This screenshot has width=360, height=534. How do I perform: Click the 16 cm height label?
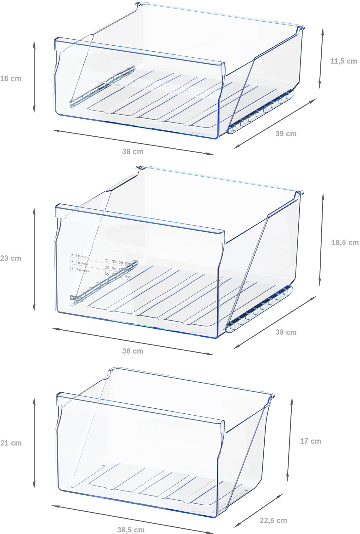click(11, 79)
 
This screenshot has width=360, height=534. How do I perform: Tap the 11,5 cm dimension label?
click(343, 61)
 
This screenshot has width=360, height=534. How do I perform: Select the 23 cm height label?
click(11, 258)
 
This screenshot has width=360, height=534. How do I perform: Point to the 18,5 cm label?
click(345, 242)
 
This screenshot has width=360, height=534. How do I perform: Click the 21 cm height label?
click(11, 443)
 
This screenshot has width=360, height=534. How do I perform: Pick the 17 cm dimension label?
click(310, 441)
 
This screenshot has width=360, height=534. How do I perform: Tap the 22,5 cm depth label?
click(273, 520)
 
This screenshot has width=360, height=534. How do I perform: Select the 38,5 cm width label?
click(131, 530)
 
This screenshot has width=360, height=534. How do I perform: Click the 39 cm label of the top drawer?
click(286, 134)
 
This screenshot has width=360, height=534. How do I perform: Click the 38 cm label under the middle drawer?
click(132, 351)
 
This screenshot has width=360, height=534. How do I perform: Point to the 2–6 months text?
click(79, 256)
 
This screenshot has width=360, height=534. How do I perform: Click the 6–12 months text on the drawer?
click(80, 270)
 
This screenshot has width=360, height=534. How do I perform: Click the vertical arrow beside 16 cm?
click(34, 77)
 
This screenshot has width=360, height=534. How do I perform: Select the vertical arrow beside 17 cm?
click(290, 440)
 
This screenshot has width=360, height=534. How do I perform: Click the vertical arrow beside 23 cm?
click(34, 260)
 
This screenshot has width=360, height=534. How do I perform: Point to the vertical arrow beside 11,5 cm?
click(321, 58)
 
